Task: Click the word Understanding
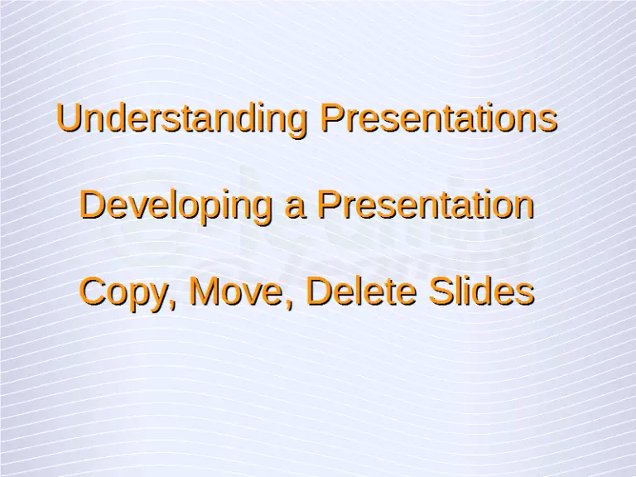tap(181, 120)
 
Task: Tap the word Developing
tap(176, 207)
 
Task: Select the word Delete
tap(361, 291)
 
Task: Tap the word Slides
tap(481, 291)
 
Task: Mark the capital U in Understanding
tap(70, 118)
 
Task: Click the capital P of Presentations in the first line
tap(333, 118)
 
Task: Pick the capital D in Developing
tap(93, 205)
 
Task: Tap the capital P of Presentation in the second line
tap(330, 205)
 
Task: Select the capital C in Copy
tap(94, 291)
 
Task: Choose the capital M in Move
tap(205, 291)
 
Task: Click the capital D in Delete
tap(320, 291)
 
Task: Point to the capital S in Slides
tap(442, 291)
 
